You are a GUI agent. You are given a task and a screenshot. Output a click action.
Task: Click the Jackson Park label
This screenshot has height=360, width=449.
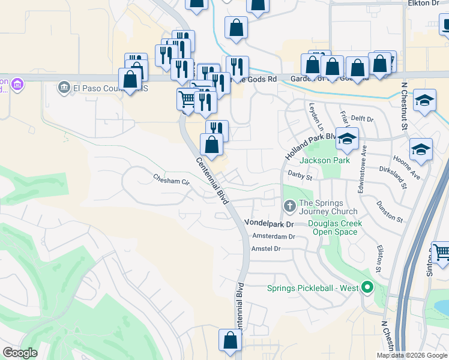(324, 161)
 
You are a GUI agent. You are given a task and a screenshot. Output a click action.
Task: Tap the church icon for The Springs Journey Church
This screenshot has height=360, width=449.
(289, 207)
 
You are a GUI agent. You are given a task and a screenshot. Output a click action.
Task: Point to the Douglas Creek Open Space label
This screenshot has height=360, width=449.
(335, 227)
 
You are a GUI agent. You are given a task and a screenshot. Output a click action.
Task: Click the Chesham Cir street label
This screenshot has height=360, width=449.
(171, 179)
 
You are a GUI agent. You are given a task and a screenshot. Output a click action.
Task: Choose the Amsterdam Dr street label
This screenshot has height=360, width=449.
(274, 236)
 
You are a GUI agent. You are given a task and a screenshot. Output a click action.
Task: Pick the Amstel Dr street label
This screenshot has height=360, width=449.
(267, 248)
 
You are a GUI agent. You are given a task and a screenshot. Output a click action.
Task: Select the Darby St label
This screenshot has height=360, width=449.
(300, 178)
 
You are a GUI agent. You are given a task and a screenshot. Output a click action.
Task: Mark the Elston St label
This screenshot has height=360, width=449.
(379, 256)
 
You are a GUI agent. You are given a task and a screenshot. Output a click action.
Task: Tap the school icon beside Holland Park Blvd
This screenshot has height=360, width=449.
(347, 139)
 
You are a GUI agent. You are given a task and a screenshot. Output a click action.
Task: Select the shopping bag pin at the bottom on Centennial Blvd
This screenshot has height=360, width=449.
(230, 340)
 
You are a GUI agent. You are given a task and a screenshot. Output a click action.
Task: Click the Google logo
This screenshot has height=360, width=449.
(20, 353)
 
